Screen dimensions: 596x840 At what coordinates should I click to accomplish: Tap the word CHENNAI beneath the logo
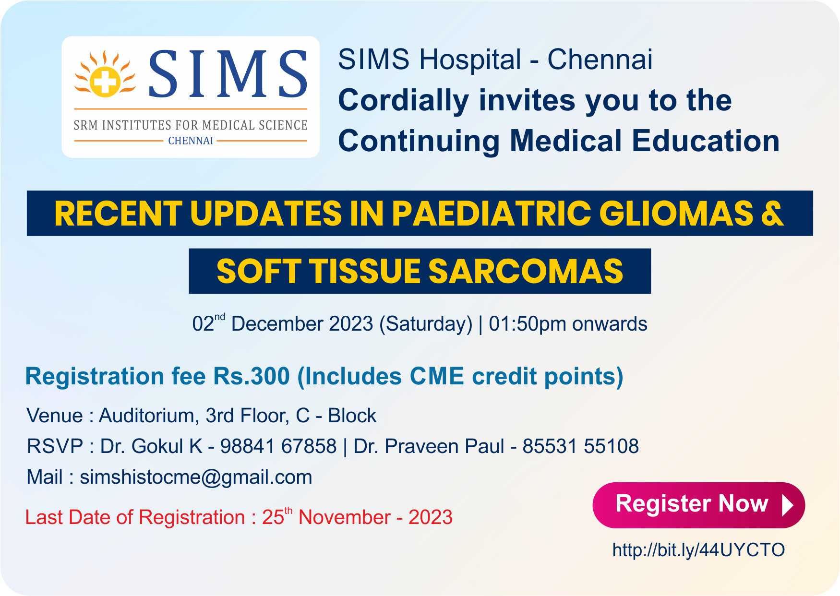point(191,141)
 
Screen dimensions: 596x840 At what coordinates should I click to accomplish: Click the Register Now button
point(698,505)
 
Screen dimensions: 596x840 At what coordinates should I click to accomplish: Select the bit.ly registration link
point(698,550)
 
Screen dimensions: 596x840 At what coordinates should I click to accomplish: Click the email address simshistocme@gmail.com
point(196,477)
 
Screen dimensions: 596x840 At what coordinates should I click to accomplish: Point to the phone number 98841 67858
point(278,446)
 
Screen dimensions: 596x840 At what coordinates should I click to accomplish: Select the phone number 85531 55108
point(580,446)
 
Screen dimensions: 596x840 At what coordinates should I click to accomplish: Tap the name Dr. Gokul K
point(151,446)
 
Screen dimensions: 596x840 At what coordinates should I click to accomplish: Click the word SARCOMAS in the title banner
point(526,272)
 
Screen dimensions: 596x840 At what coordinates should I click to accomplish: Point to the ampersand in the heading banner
point(772,214)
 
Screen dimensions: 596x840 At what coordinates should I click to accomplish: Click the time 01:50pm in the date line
point(528,324)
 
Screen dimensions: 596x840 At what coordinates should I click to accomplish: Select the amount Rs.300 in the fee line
point(252,376)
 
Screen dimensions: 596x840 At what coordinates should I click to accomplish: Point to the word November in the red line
point(344,518)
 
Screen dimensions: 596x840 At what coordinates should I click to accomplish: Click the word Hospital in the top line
point(470,60)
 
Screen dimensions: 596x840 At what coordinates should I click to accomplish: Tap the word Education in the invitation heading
point(705,141)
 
